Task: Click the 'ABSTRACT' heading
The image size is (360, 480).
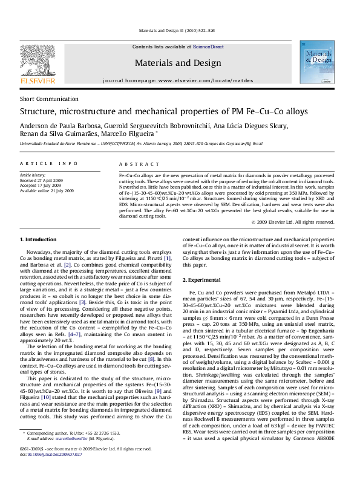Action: pyautogui.click(x=135, y=164)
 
